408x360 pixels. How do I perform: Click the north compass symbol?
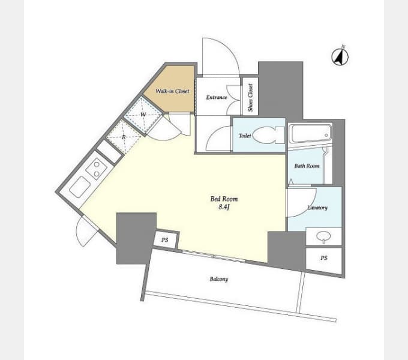click(x=340, y=56)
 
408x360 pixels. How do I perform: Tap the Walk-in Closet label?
click(x=172, y=91)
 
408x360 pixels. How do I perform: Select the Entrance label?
click(x=217, y=97)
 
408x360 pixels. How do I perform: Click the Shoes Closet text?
click(x=250, y=98)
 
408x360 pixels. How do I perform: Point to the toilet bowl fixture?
click(x=268, y=135)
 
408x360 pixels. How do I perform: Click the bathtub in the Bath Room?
click(x=310, y=134)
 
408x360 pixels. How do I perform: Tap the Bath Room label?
click(x=307, y=166)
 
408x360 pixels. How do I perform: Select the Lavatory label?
click(x=317, y=208)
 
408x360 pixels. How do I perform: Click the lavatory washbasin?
click(x=323, y=236)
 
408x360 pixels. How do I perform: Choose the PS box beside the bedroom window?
click(x=166, y=239)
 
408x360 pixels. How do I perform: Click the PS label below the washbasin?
click(x=323, y=258)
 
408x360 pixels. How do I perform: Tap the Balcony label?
click(x=219, y=279)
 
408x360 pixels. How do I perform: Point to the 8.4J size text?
click(x=224, y=207)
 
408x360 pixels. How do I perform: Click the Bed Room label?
click(x=224, y=199)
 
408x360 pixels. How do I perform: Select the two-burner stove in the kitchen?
click(x=97, y=169)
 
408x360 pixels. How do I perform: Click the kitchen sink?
click(x=80, y=187)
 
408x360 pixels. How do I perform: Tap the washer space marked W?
click(x=143, y=115)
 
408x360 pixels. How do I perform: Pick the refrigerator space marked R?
click(x=124, y=137)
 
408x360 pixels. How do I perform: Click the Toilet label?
click(x=245, y=136)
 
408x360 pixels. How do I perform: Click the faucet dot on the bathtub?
click(x=326, y=135)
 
